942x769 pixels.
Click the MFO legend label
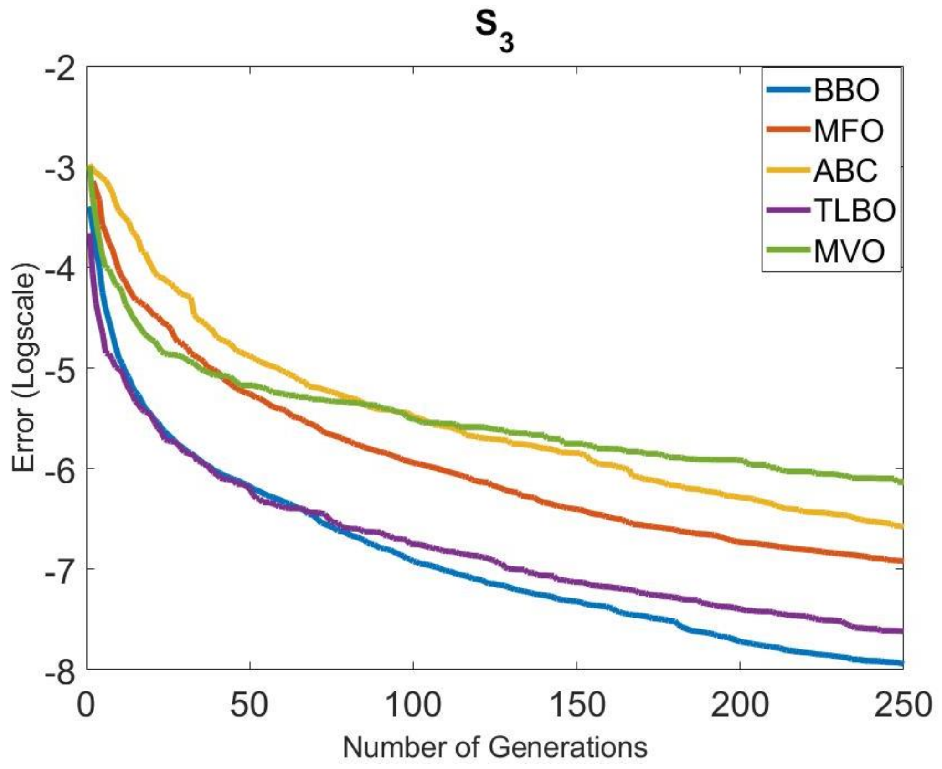coord(848,131)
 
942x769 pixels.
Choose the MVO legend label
coord(849,251)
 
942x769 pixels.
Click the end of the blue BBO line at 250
coord(901,664)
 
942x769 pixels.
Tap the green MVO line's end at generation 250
coord(901,482)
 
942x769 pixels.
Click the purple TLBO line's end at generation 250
coord(901,631)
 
